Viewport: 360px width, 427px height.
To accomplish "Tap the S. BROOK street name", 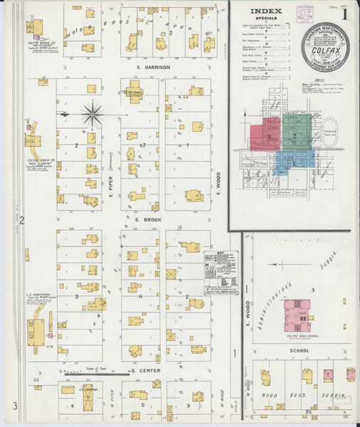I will click(x=148, y=220).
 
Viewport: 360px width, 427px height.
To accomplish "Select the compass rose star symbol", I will click(x=94, y=112).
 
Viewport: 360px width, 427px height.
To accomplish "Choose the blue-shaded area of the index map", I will click(x=290, y=162).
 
